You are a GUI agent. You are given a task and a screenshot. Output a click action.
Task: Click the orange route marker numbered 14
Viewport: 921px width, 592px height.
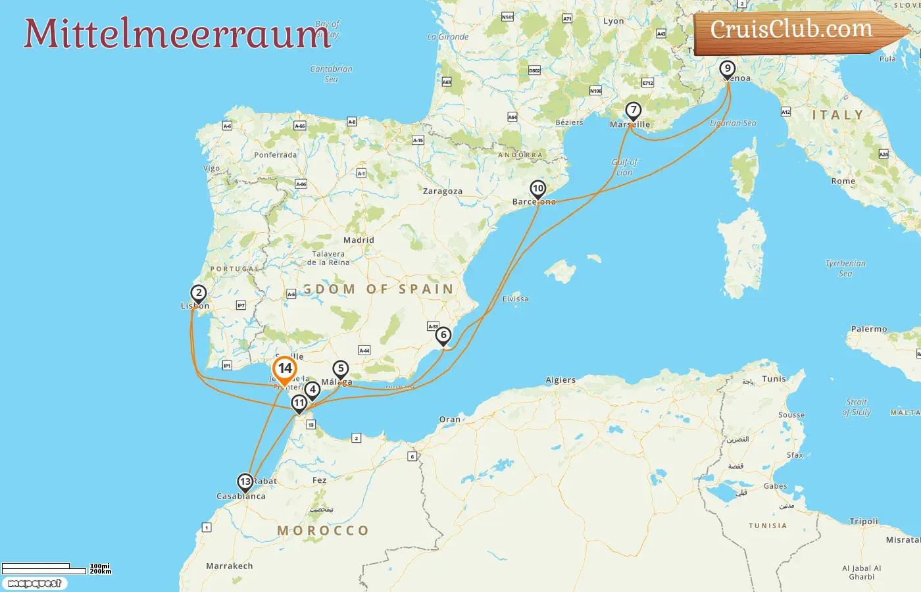pyautogui.click(x=285, y=369)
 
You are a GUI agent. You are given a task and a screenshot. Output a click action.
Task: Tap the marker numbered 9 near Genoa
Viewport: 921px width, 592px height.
pyautogui.click(x=727, y=68)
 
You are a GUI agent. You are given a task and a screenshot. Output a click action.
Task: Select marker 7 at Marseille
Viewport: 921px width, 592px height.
pyautogui.click(x=633, y=111)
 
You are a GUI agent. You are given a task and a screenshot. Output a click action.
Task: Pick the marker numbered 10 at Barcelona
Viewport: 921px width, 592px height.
pyautogui.click(x=538, y=189)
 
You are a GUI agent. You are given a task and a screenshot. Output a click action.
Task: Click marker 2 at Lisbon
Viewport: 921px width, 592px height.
pyautogui.click(x=199, y=293)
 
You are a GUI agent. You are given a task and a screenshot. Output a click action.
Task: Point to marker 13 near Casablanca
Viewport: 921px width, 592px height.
pyautogui.click(x=245, y=482)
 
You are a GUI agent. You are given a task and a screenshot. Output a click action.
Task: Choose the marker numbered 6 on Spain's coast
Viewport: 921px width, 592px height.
pyautogui.click(x=443, y=335)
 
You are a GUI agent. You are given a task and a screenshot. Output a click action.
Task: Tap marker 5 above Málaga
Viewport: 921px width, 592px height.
pyautogui.click(x=340, y=369)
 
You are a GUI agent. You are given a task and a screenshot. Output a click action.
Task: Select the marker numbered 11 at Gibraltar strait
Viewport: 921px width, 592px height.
pyautogui.click(x=299, y=403)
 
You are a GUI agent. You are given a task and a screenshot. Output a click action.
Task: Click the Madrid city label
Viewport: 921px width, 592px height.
pyautogui.click(x=359, y=240)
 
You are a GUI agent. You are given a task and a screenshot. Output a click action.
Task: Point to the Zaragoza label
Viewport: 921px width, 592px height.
pyautogui.click(x=442, y=191)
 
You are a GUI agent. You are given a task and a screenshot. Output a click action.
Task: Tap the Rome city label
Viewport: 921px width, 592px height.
pyautogui.click(x=843, y=181)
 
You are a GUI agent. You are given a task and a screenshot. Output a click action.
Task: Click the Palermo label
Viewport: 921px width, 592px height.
pyautogui.click(x=869, y=329)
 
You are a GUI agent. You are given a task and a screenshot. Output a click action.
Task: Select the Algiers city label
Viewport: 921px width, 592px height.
pyautogui.click(x=560, y=380)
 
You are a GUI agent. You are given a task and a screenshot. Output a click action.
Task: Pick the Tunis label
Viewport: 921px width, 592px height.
pyautogui.click(x=774, y=379)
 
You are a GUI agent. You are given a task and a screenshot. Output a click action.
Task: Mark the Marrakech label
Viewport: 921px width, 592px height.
pyautogui.click(x=229, y=566)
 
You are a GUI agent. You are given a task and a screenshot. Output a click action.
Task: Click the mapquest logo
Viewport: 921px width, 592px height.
pyautogui.click(x=35, y=583)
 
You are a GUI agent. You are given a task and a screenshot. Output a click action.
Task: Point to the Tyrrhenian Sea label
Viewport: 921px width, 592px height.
pyautogui.click(x=845, y=268)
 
